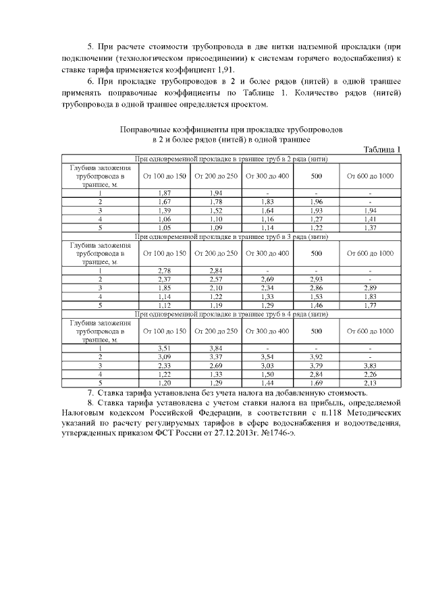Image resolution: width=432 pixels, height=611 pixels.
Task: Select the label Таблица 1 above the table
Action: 382,150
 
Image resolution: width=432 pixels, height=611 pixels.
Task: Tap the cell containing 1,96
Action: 317,202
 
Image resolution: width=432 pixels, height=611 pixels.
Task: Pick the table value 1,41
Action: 370,219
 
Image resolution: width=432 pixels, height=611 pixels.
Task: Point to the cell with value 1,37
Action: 370,228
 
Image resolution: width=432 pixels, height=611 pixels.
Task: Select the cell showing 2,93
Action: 317,280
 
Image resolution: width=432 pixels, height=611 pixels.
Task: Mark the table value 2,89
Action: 370,288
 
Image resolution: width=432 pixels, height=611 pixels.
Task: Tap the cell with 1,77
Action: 370,305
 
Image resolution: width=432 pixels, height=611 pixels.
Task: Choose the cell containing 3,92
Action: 317,357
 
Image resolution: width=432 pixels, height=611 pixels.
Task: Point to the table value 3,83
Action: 370,365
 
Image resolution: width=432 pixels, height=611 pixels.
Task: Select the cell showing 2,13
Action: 370,383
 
